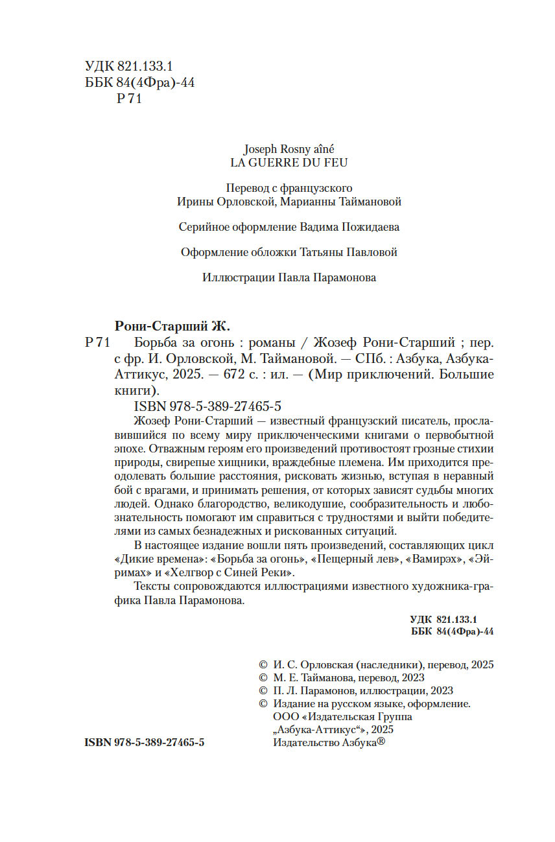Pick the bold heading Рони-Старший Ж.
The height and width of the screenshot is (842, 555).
tap(172, 325)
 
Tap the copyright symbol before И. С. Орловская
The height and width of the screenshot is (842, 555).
tap(263, 665)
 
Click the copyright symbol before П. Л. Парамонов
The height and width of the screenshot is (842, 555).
tap(263, 691)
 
